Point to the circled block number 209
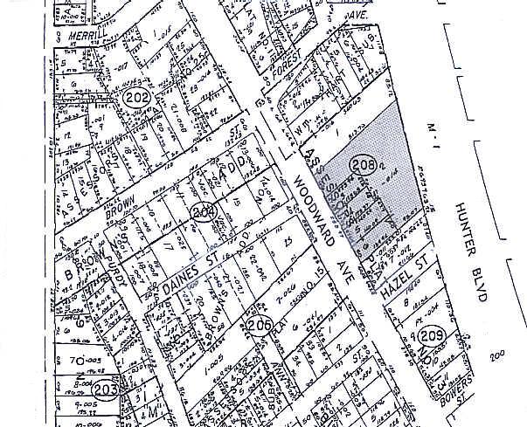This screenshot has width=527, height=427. (430, 335)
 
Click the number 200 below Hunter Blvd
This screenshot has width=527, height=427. (499, 356)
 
